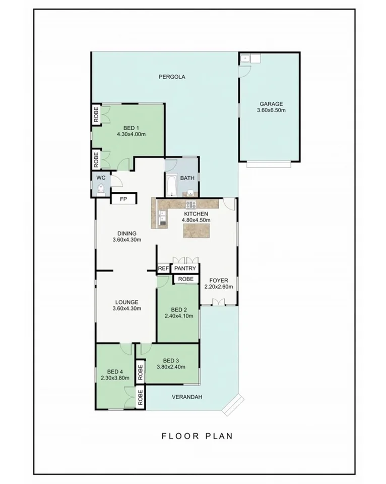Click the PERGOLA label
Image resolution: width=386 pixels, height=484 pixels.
[x=172, y=77]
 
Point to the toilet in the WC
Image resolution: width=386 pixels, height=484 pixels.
[x=101, y=189]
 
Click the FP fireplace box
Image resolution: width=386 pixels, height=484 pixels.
[x=123, y=199]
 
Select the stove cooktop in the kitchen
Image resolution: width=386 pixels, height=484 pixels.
[x=191, y=204]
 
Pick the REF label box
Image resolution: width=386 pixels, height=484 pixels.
[x=163, y=268]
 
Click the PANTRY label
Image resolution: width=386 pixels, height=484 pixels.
[x=185, y=268]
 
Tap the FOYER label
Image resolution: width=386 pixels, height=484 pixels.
[x=219, y=281]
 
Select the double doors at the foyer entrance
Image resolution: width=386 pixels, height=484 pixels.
[x=218, y=302]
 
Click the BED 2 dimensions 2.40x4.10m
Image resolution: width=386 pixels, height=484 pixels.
[x=179, y=316]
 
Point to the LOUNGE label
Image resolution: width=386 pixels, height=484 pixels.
[x=126, y=302]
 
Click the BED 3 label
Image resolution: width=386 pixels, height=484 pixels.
[x=171, y=360]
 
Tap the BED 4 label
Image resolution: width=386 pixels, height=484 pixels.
[x=115, y=371]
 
